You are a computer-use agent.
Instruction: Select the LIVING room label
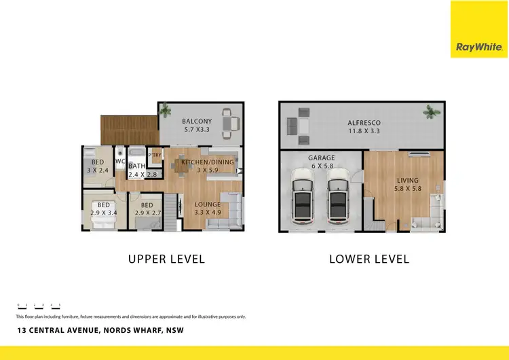[408, 180]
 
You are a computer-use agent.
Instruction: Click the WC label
[119, 162]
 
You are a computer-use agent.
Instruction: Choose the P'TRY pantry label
[155, 155]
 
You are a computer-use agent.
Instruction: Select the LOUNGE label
[208, 204]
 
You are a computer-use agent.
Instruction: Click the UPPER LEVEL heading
[166, 259]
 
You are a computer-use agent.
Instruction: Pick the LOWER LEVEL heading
[369, 259]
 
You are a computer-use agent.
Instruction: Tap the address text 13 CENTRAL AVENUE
[62, 331]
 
